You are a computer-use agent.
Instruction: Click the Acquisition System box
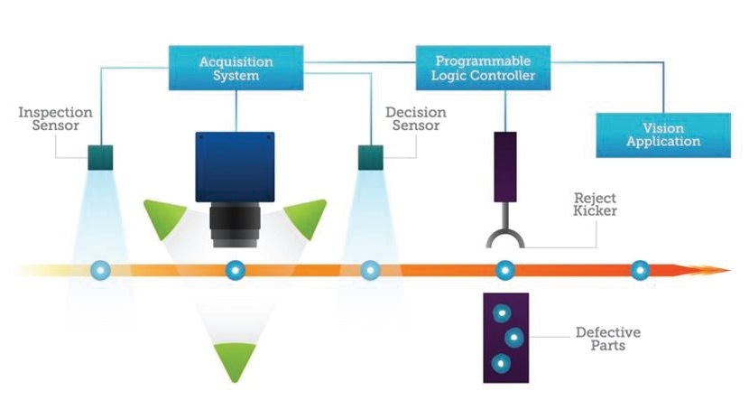[x=236, y=68]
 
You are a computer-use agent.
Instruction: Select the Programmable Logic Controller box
[x=483, y=68]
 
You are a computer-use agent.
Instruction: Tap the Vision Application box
[x=663, y=135]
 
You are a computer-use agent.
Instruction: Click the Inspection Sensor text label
[x=55, y=119]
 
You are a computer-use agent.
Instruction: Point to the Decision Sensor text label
[x=416, y=119]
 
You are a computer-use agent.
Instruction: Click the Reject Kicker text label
[x=595, y=205]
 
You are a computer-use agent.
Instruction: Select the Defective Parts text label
[x=608, y=339]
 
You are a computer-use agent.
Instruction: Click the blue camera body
[x=235, y=167]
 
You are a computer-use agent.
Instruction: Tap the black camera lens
[x=235, y=225]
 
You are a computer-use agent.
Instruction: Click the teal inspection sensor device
[x=100, y=158]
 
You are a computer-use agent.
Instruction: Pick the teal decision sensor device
[x=371, y=158]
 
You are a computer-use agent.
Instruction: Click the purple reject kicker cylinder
[x=505, y=167]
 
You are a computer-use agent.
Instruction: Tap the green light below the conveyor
[x=235, y=359]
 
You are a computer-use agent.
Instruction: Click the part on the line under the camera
[x=235, y=271]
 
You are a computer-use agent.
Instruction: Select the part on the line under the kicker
[x=505, y=271]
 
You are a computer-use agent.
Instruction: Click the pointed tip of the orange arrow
[x=730, y=271]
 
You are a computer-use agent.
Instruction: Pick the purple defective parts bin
[x=506, y=338]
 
